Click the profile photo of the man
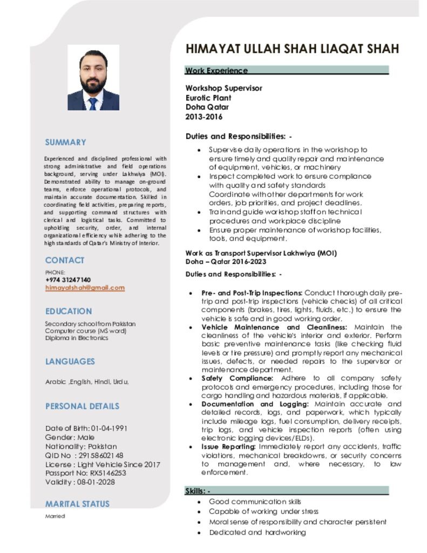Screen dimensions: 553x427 click(x=93, y=78)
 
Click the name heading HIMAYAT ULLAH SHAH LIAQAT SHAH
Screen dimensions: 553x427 click(x=292, y=49)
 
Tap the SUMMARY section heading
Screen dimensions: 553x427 click(x=65, y=143)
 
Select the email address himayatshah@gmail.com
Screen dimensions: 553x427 click(x=85, y=288)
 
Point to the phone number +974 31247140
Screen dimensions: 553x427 click(x=68, y=280)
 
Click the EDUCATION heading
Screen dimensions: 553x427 click(x=69, y=312)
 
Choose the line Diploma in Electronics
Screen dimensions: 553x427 click(x=77, y=338)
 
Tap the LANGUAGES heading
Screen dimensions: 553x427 click(x=70, y=361)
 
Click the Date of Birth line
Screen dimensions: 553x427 click(x=86, y=428)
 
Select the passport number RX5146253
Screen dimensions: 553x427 click(x=108, y=473)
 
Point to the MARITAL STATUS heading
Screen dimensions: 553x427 click(x=77, y=504)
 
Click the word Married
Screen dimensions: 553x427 click(x=55, y=516)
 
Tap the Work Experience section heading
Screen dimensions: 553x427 click(x=216, y=71)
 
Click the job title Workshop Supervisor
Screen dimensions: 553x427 click(x=224, y=88)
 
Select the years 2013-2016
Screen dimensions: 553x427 click(x=204, y=117)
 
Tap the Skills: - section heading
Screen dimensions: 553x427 click(x=198, y=491)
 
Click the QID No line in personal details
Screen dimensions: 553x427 click(x=84, y=455)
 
